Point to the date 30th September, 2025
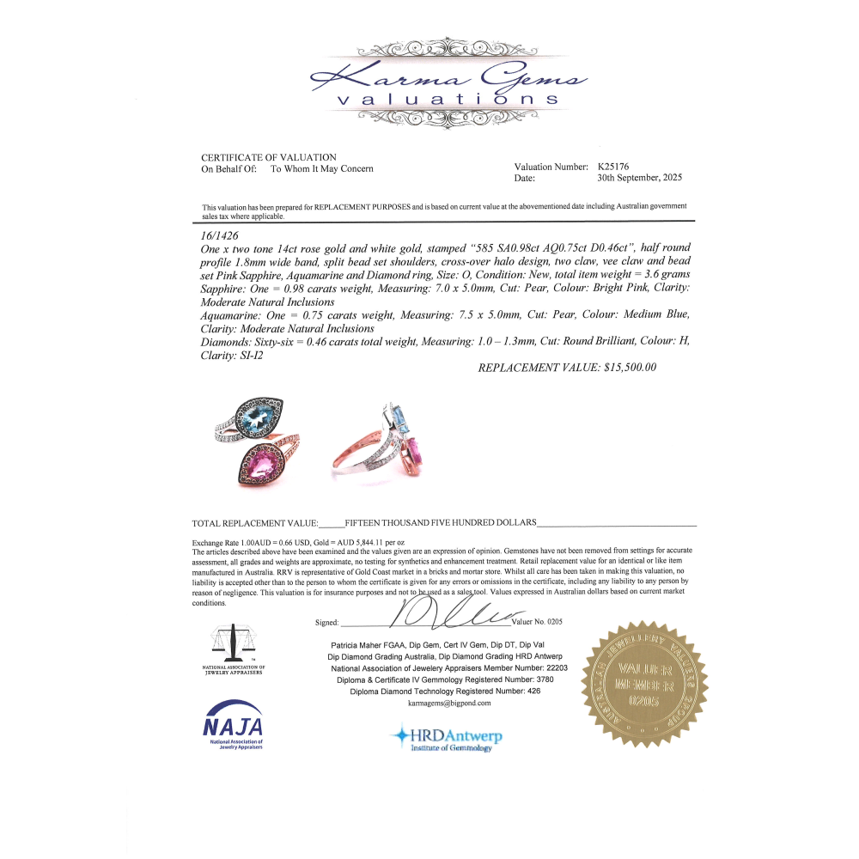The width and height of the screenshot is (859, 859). click(639, 178)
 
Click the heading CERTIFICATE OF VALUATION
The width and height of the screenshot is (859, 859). click(269, 157)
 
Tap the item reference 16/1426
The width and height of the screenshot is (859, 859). click(219, 235)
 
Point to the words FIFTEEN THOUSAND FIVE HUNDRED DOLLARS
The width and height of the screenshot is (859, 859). click(441, 522)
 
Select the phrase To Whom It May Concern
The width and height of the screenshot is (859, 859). click(322, 169)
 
